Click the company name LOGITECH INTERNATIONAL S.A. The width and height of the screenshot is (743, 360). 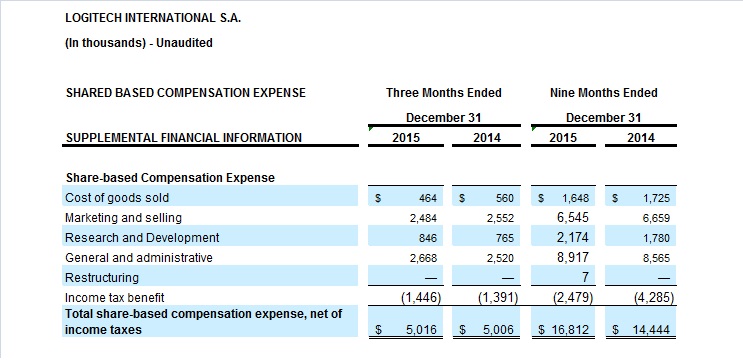tap(153, 18)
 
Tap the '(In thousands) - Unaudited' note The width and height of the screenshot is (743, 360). tap(139, 43)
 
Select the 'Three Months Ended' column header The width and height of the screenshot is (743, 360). tap(444, 92)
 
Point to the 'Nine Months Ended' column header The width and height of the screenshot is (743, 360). tap(604, 92)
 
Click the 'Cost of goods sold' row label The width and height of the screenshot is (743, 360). tap(117, 198)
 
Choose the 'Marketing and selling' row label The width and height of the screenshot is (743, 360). tap(123, 218)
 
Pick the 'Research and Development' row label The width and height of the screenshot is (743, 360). tap(142, 237)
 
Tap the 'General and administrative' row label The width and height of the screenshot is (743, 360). tap(139, 258)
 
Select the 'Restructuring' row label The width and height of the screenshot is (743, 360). tap(102, 278)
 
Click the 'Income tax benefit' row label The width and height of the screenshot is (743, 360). tap(115, 297)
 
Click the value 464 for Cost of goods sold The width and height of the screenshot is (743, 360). tap(428, 198)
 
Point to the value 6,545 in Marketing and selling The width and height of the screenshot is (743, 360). tap(573, 217)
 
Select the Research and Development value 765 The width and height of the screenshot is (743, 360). tap(505, 238)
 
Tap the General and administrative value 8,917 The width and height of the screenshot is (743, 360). tap(573, 257)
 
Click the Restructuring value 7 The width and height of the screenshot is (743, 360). tap(585, 277)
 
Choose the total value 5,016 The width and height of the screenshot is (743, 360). tap(421, 330)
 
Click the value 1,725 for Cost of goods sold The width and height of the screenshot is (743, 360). tap(656, 198)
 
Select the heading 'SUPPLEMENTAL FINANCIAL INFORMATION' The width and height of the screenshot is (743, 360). tap(184, 138)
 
